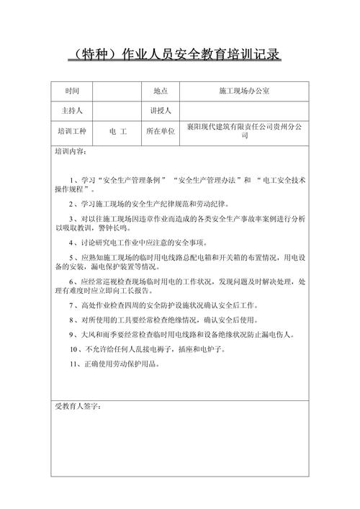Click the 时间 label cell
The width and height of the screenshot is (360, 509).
click(x=72, y=91)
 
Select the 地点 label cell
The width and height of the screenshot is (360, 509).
click(x=160, y=91)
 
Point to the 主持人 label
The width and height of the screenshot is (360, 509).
click(x=72, y=112)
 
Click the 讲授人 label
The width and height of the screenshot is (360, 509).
click(x=160, y=112)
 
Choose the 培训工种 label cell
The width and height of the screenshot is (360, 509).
click(x=72, y=132)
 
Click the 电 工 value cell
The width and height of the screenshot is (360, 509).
click(x=118, y=132)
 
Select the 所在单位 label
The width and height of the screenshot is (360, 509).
click(x=160, y=132)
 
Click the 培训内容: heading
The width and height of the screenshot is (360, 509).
click(x=71, y=152)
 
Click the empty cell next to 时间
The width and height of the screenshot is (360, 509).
click(x=118, y=91)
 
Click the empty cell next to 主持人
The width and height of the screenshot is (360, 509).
click(x=118, y=112)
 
